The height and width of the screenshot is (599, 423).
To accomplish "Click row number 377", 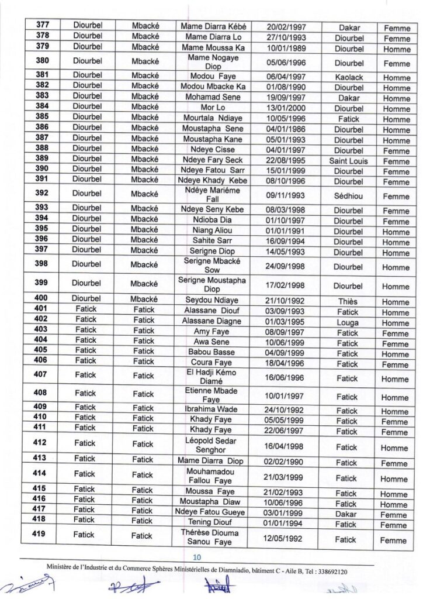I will point(43,26).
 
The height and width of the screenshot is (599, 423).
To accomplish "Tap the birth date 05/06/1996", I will point(284,63).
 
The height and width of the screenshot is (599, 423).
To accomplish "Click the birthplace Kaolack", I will point(349,77).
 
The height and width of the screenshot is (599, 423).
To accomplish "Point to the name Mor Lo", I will point(213,108).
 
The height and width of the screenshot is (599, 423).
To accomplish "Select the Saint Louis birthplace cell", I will point(349,161).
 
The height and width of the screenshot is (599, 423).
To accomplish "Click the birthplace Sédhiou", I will point(349,197).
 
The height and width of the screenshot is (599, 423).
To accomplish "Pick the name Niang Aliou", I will point(213,231).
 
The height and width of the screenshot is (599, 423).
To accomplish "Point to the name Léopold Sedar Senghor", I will point(211,446).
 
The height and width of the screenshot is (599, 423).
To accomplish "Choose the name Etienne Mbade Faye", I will point(211,395).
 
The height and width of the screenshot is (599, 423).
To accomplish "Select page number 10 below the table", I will point(197,557).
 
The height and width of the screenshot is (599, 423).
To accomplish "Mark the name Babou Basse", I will point(211,353).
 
